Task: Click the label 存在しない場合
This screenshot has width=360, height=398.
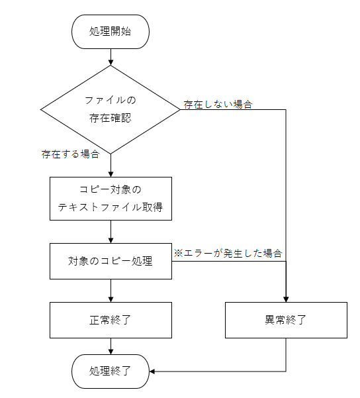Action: click(x=218, y=105)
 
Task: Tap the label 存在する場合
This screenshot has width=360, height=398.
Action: click(x=70, y=154)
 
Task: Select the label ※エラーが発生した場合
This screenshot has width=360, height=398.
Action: click(x=228, y=253)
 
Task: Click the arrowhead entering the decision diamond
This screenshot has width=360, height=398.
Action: click(x=111, y=62)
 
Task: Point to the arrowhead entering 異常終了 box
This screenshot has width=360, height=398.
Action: click(x=286, y=299)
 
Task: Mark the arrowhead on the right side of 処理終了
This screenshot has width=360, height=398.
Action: click(x=152, y=372)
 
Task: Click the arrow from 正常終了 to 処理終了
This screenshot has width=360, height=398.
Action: click(x=111, y=346)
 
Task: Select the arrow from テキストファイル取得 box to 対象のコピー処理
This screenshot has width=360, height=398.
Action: click(x=111, y=232)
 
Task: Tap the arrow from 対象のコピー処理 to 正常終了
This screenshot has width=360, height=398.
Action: click(x=111, y=291)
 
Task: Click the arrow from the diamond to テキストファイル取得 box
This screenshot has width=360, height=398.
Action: click(x=111, y=166)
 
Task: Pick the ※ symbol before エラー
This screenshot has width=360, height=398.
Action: click(x=179, y=253)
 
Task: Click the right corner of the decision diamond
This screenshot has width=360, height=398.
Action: click(x=181, y=110)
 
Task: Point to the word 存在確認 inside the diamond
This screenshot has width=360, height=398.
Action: click(x=110, y=118)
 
